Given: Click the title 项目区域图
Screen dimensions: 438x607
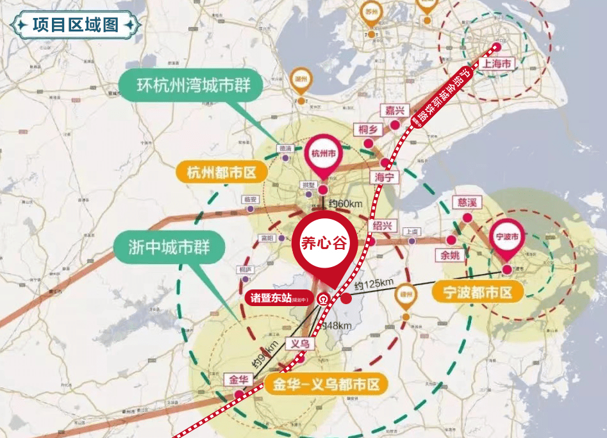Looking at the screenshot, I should click(x=76, y=25).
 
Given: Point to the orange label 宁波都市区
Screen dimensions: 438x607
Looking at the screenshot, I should click(x=478, y=292).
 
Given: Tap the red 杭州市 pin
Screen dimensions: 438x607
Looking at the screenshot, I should click(x=324, y=154).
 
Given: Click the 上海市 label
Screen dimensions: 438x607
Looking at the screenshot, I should click(x=497, y=65).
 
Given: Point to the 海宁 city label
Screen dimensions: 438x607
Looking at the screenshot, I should click(x=385, y=177).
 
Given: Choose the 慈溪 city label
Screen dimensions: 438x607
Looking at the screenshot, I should click(x=466, y=203).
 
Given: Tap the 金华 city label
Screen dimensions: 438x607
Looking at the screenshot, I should click(x=235, y=379).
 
